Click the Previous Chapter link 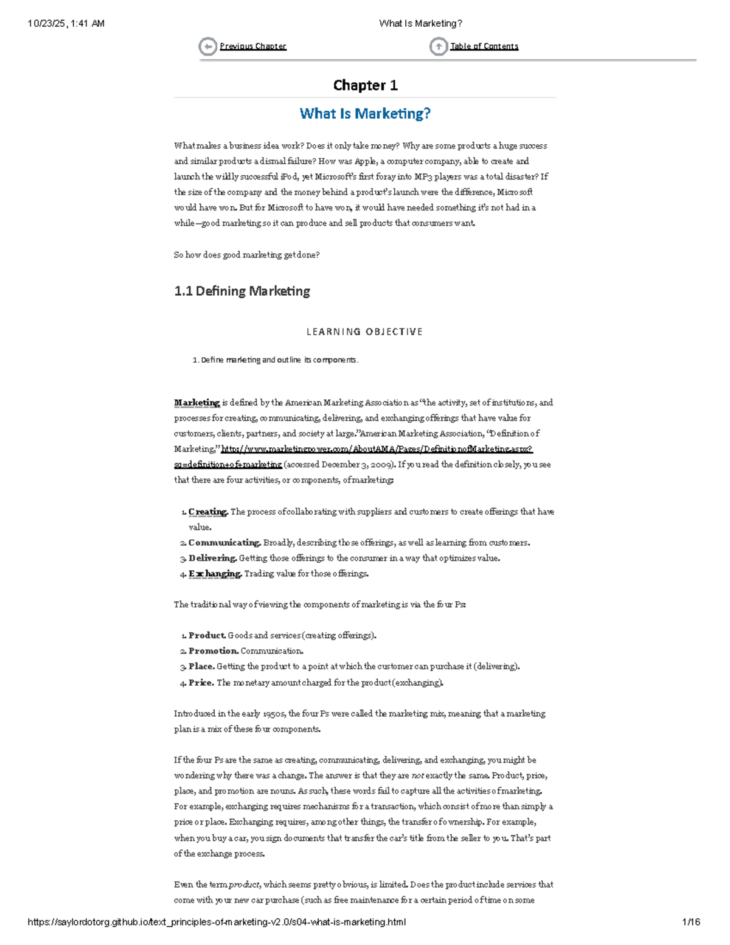click(x=252, y=46)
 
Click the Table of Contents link click(x=484, y=46)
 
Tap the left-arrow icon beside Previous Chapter click(x=207, y=46)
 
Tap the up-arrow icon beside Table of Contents click(x=438, y=46)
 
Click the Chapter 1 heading click(x=365, y=85)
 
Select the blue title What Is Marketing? click(x=365, y=114)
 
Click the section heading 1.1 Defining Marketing click(x=242, y=291)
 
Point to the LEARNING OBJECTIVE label click(x=364, y=332)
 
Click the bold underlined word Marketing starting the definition click(x=196, y=403)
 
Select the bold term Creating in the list click(x=207, y=512)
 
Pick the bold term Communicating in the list click(x=224, y=543)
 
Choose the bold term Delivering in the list click(x=212, y=558)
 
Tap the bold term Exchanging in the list click(x=215, y=574)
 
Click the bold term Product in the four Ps click(x=207, y=635)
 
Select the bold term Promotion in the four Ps click(x=213, y=651)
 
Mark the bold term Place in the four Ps click(x=201, y=666)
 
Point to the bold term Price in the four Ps click(x=201, y=683)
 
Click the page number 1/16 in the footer click(x=690, y=922)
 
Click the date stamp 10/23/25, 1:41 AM click(x=66, y=24)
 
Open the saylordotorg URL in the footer click(x=217, y=922)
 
